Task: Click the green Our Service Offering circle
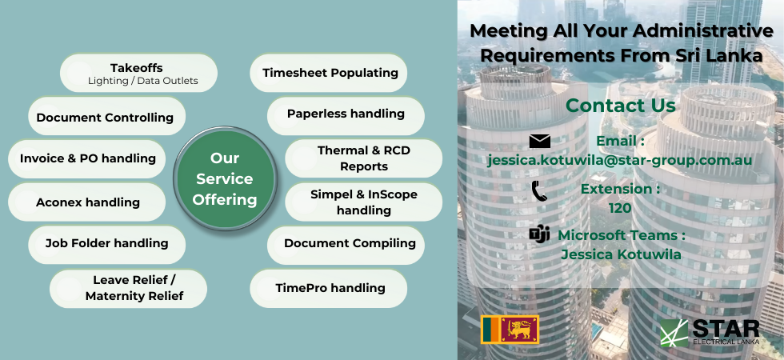point(225,178)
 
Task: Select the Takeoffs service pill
point(138,73)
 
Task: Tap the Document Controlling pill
point(107,116)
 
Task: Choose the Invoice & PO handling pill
point(87,159)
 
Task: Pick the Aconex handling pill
point(87,202)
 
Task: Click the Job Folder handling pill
point(107,245)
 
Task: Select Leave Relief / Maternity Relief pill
point(129,289)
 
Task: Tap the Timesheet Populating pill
point(329,73)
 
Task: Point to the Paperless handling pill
point(346,116)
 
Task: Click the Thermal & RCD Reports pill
point(363,158)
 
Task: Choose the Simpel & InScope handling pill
point(363,202)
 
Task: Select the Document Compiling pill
point(346,245)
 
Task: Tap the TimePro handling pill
point(329,289)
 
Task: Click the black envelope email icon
point(540,142)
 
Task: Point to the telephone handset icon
point(539,191)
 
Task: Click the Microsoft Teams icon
point(539,234)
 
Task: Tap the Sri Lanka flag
point(510,330)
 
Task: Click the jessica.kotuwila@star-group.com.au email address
point(620,161)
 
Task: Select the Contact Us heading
point(621,106)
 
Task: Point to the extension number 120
point(620,208)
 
